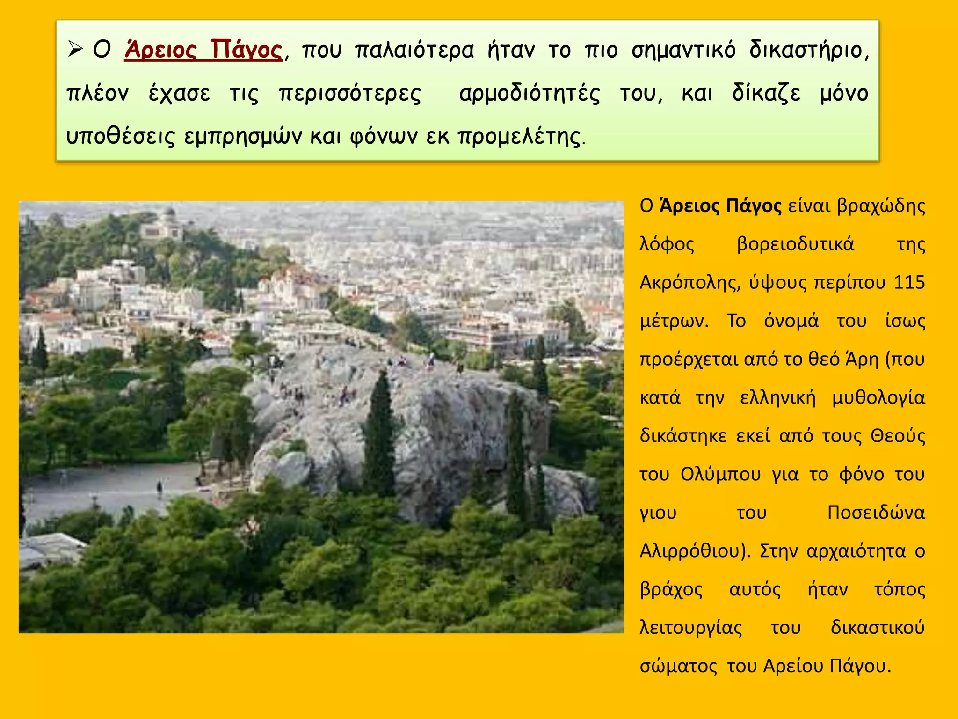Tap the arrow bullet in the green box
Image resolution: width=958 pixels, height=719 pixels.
coord(75,49)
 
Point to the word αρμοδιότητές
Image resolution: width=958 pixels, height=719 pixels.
coord(530,93)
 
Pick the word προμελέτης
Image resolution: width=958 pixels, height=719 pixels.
coord(519,136)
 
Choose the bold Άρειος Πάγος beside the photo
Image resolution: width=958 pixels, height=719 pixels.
coord(720,205)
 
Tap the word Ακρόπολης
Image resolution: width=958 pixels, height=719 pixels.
coord(690,282)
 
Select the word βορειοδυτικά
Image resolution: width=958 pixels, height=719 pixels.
coord(795,244)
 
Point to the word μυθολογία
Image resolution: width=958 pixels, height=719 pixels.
coord(878,397)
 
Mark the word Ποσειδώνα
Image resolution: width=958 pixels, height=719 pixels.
coord(876,513)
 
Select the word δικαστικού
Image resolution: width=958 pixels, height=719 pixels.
coord(878,628)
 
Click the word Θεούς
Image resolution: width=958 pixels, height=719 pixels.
coord(898,436)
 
